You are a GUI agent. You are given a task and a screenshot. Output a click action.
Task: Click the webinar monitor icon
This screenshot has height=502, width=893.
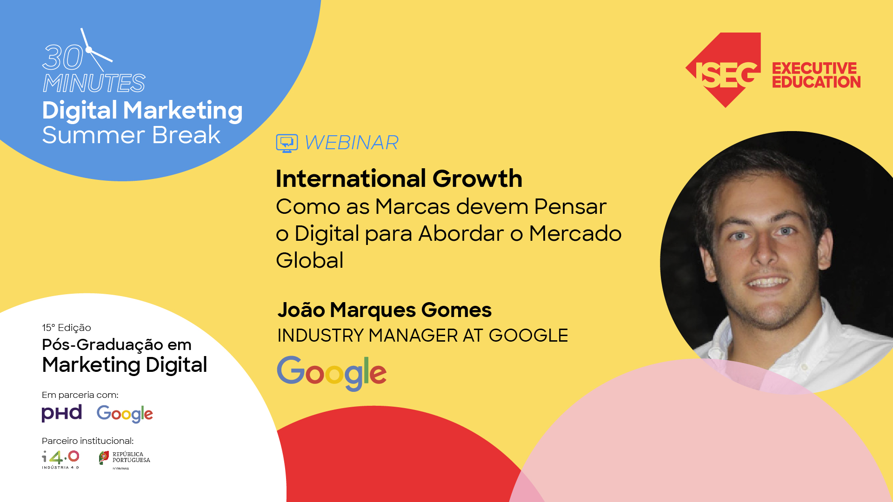(x=287, y=143)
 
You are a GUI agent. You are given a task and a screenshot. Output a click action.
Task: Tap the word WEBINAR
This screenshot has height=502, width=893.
(x=352, y=143)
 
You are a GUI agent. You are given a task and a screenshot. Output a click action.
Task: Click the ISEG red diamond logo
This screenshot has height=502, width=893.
(x=724, y=70)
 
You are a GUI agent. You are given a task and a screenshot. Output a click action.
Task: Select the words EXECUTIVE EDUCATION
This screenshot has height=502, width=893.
(x=816, y=75)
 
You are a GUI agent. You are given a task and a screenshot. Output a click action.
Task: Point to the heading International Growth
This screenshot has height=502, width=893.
(x=399, y=178)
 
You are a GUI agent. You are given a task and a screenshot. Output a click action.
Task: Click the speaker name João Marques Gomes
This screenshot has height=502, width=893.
(x=384, y=310)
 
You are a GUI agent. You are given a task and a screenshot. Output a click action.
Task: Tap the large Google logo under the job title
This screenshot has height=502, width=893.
(x=332, y=373)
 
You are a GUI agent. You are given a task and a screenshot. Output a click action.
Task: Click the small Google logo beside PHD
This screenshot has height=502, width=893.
(x=125, y=414)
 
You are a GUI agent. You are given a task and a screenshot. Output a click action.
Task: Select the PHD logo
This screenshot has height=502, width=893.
(x=62, y=413)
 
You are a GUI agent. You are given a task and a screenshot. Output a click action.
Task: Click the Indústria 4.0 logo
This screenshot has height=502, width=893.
(x=60, y=459)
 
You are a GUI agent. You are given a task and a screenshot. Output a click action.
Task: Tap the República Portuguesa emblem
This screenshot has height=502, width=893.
(x=104, y=458)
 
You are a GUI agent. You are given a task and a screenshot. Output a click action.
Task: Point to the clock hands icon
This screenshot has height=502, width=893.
(x=95, y=50)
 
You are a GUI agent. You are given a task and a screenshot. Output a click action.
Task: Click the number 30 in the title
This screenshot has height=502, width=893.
(x=63, y=58)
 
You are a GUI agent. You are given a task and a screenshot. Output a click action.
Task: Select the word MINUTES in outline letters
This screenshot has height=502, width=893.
(x=94, y=84)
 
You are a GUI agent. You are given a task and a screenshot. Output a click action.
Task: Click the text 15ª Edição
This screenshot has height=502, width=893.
(x=67, y=328)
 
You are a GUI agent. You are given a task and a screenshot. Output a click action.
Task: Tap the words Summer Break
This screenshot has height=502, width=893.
(x=131, y=135)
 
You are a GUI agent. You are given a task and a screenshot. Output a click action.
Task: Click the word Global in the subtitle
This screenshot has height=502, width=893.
(x=309, y=260)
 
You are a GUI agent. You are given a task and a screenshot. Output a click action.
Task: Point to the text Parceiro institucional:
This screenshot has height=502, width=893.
(x=87, y=441)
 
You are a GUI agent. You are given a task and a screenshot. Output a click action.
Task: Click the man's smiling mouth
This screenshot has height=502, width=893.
(x=768, y=282)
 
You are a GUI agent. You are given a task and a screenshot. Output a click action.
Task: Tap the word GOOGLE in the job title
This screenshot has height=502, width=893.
(x=528, y=336)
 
